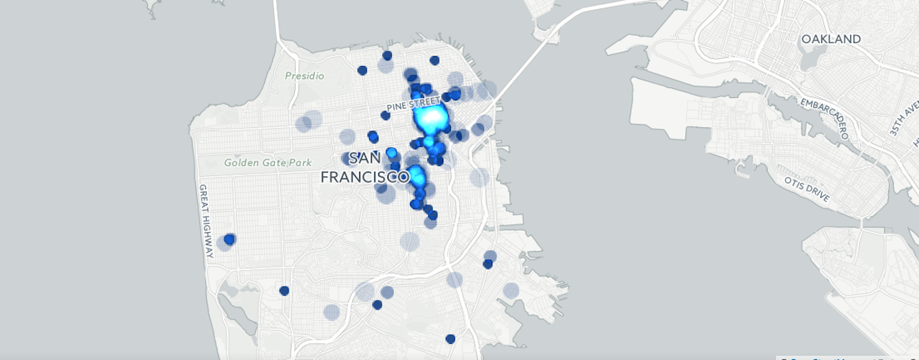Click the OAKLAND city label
point(830,39)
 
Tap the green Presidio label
point(305,76)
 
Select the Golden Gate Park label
point(258,162)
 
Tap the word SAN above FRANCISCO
point(365,159)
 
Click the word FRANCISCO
point(365,177)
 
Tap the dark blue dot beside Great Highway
point(229,239)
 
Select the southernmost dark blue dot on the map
point(450,339)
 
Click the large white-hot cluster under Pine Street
point(430,118)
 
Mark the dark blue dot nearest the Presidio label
point(362,70)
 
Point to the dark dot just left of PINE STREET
point(385,116)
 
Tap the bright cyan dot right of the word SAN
point(391,152)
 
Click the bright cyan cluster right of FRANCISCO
point(417,175)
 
